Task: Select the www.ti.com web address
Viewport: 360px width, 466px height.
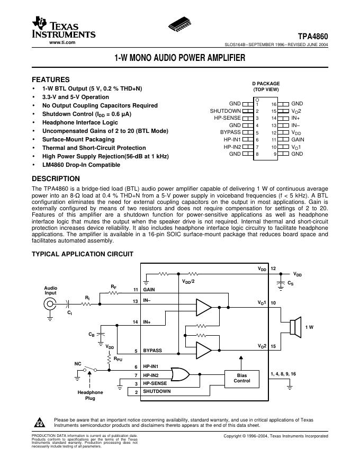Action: [x=62, y=42]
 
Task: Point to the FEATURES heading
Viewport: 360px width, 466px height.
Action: [x=51, y=79]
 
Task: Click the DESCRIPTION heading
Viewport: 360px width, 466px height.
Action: [x=56, y=178]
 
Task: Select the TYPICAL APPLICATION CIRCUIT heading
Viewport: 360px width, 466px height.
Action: [x=83, y=254]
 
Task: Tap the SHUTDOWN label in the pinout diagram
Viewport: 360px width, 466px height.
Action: [x=226, y=111]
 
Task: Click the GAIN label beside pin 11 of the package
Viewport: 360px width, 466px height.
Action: [x=298, y=139]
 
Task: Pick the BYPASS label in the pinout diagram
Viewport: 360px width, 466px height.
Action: [x=230, y=132]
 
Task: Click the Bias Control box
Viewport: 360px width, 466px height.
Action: [x=242, y=378]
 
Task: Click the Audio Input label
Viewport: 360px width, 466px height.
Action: [x=50, y=290]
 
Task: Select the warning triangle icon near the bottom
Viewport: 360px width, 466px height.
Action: [x=40, y=423]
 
